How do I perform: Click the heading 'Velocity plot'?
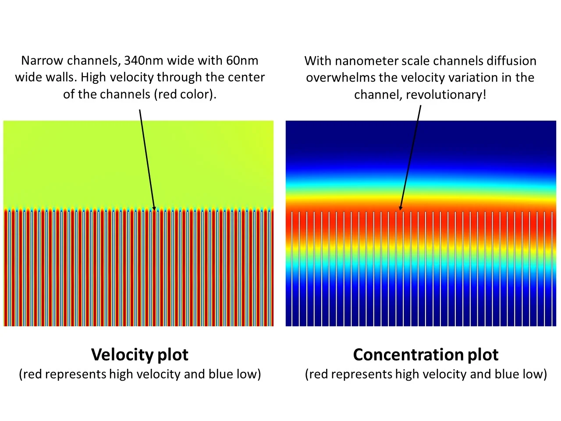(x=140, y=354)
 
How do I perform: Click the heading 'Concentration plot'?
(x=426, y=354)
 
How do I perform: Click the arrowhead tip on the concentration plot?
(x=400, y=210)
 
